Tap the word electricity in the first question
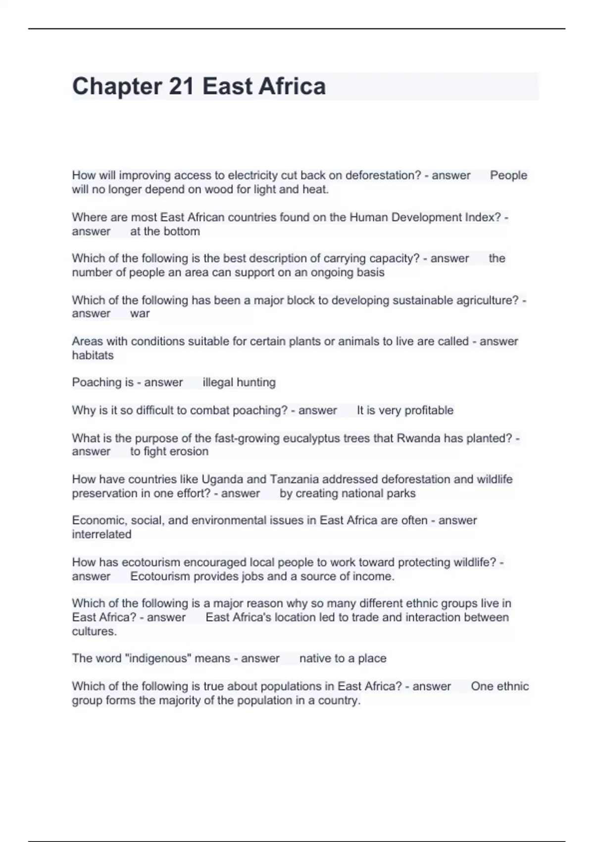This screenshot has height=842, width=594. pyautogui.click(x=252, y=175)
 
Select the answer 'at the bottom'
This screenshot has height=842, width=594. pyautogui.click(x=165, y=231)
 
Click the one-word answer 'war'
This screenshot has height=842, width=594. pyautogui.click(x=140, y=314)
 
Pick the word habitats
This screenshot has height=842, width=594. pyautogui.click(x=93, y=355)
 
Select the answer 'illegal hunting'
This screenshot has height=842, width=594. pyautogui.click(x=239, y=382)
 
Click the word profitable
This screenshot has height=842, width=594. pyautogui.click(x=429, y=410)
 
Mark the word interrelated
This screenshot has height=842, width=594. pyautogui.click(x=101, y=534)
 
